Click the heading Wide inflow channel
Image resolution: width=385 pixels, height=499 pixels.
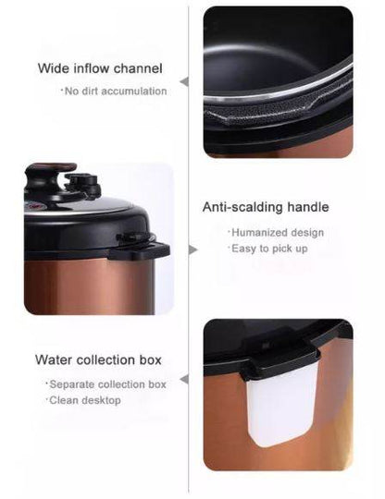click(100, 68)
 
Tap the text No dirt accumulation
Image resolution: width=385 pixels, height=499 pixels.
click(116, 91)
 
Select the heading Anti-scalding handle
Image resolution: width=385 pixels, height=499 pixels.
click(266, 208)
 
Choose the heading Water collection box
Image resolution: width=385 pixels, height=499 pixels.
click(98, 359)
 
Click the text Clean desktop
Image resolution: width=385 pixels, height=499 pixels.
click(84, 400)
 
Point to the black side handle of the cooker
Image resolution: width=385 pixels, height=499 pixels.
click(143, 246)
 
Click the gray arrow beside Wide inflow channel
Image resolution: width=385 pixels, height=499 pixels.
click(183, 81)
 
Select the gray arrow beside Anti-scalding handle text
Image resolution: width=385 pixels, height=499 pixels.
click(192, 249)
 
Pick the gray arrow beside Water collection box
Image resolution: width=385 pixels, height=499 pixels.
click(183, 379)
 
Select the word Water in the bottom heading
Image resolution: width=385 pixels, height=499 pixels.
click(55, 359)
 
